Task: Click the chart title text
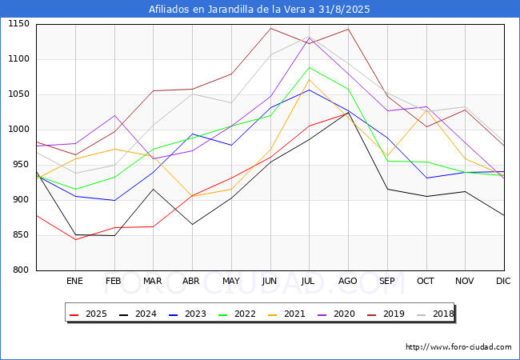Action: click(x=260, y=9)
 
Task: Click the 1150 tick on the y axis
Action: click(x=18, y=24)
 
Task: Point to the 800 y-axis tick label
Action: click(x=21, y=270)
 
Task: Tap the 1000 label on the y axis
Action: click(x=18, y=130)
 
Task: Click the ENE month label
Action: click(x=74, y=281)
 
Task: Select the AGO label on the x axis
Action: click(x=348, y=281)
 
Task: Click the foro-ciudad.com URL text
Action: click(x=458, y=347)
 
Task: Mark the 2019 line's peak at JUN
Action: click(x=270, y=28)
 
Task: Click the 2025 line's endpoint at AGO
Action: click(x=348, y=112)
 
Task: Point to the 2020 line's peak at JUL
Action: click(x=309, y=38)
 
